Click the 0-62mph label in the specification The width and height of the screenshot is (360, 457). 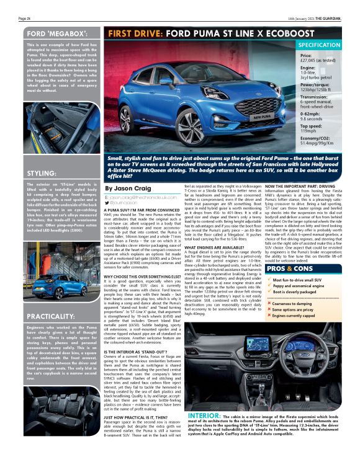tap(311, 114)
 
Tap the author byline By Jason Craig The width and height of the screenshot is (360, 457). tap(128, 188)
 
